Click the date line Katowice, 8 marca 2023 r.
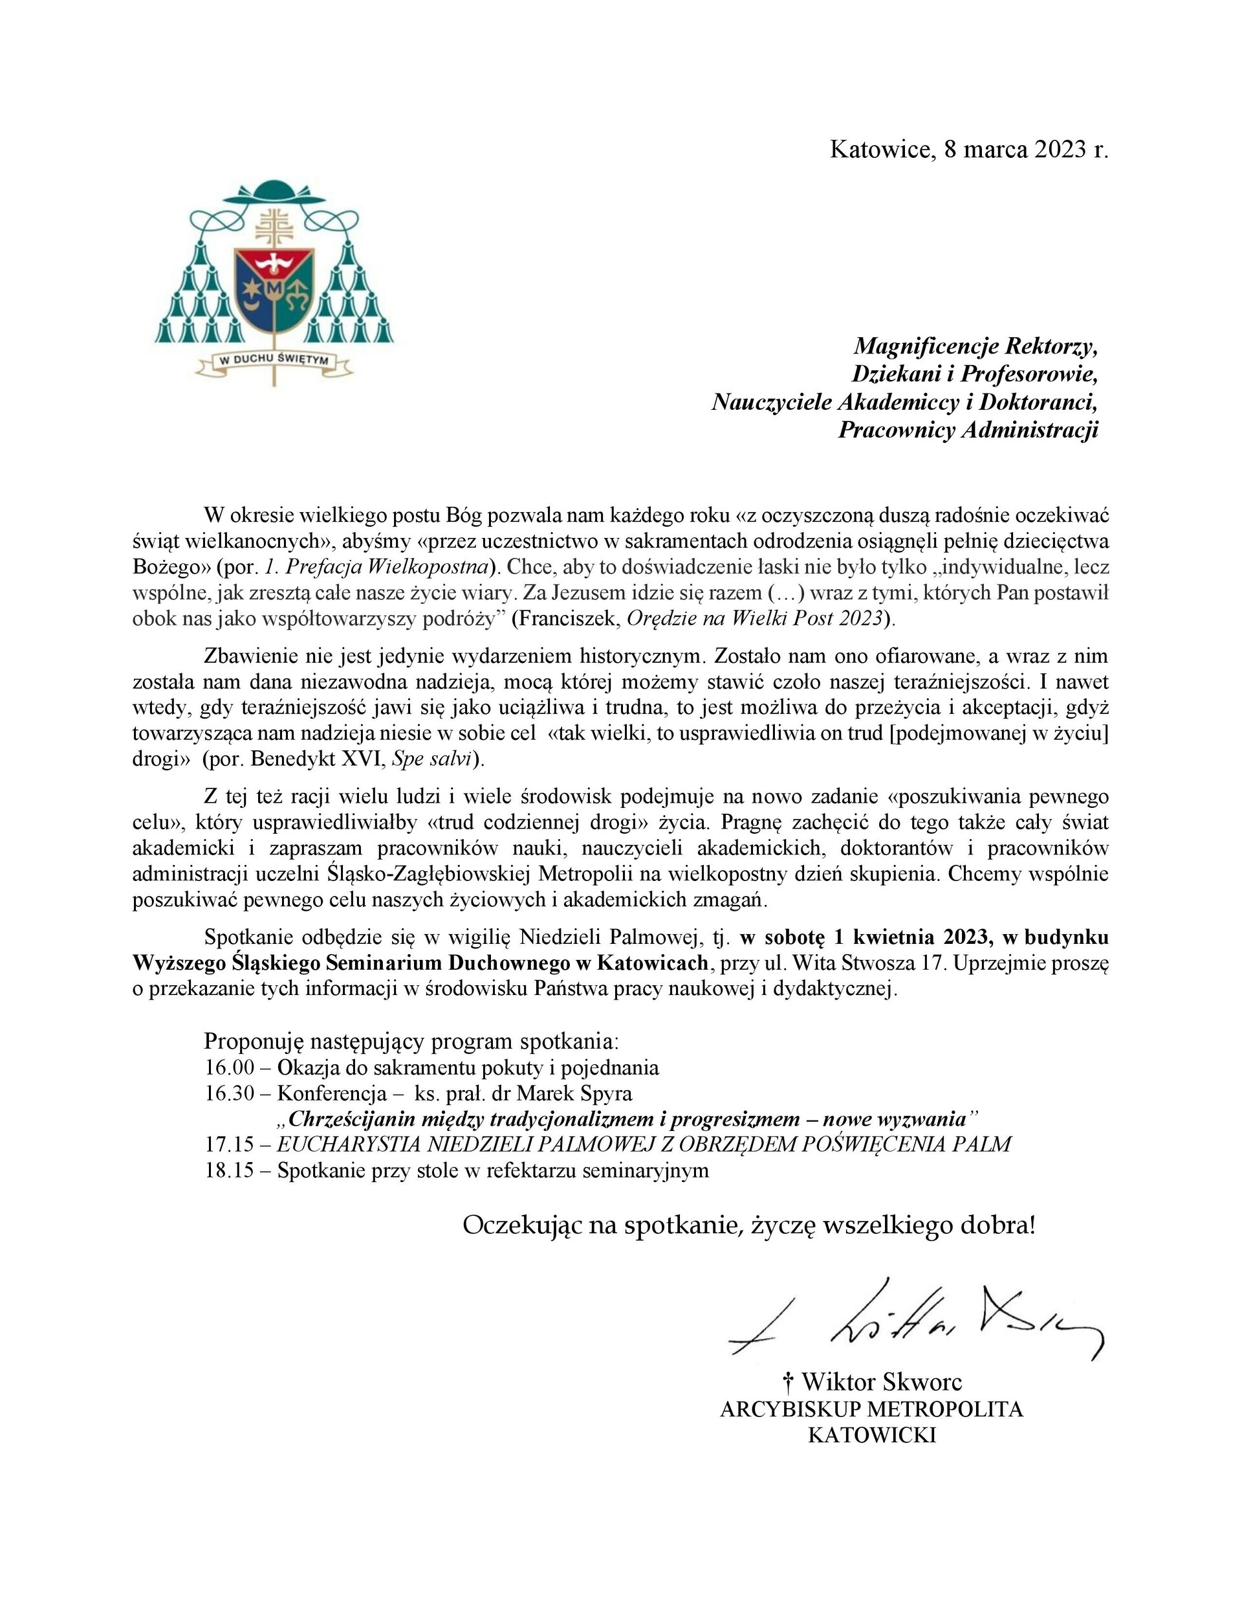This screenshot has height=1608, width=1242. point(968,150)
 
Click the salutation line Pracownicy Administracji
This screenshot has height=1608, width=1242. point(968,430)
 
